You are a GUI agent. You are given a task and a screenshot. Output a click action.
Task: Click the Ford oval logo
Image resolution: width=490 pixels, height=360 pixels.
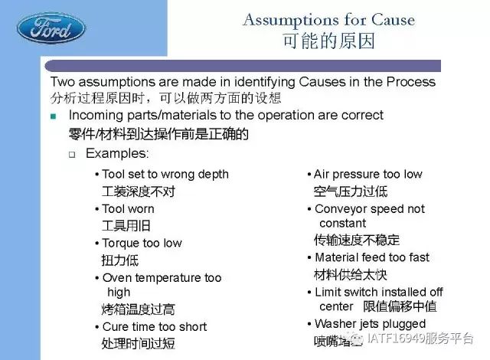pos(51,28)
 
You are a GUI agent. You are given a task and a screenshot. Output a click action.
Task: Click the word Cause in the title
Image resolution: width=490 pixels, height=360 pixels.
pos(393,20)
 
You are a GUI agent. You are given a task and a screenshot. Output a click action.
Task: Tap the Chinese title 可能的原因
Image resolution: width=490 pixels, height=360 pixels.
pos(328,41)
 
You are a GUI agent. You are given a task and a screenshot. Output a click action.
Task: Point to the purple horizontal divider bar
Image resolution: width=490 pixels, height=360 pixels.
pos(243,66)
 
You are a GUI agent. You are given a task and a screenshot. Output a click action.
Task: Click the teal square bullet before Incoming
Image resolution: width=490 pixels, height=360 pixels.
pos(53,116)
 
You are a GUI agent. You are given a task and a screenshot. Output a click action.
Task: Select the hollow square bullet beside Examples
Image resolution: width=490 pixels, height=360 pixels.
pos(72,155)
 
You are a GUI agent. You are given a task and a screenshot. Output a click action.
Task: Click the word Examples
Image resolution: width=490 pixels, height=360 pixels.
pos(117,153)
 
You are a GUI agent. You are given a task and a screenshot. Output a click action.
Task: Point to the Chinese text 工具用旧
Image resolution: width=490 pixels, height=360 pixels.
pos(126,226)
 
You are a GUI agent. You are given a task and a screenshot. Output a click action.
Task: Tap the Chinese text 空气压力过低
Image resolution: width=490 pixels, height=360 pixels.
pos(351,191)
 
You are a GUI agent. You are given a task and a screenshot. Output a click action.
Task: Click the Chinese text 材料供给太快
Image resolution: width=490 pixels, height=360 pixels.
pos(351,275)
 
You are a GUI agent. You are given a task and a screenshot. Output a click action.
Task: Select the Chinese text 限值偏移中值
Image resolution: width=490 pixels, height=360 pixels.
pos(400,306)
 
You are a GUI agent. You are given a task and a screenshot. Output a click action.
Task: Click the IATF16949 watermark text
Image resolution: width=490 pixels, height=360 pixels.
pos(420,339)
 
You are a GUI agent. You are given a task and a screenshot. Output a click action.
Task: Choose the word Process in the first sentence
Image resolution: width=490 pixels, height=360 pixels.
pos(411,82)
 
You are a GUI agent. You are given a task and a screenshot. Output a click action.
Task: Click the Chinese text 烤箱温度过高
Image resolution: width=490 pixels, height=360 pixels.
pos(138,309)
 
